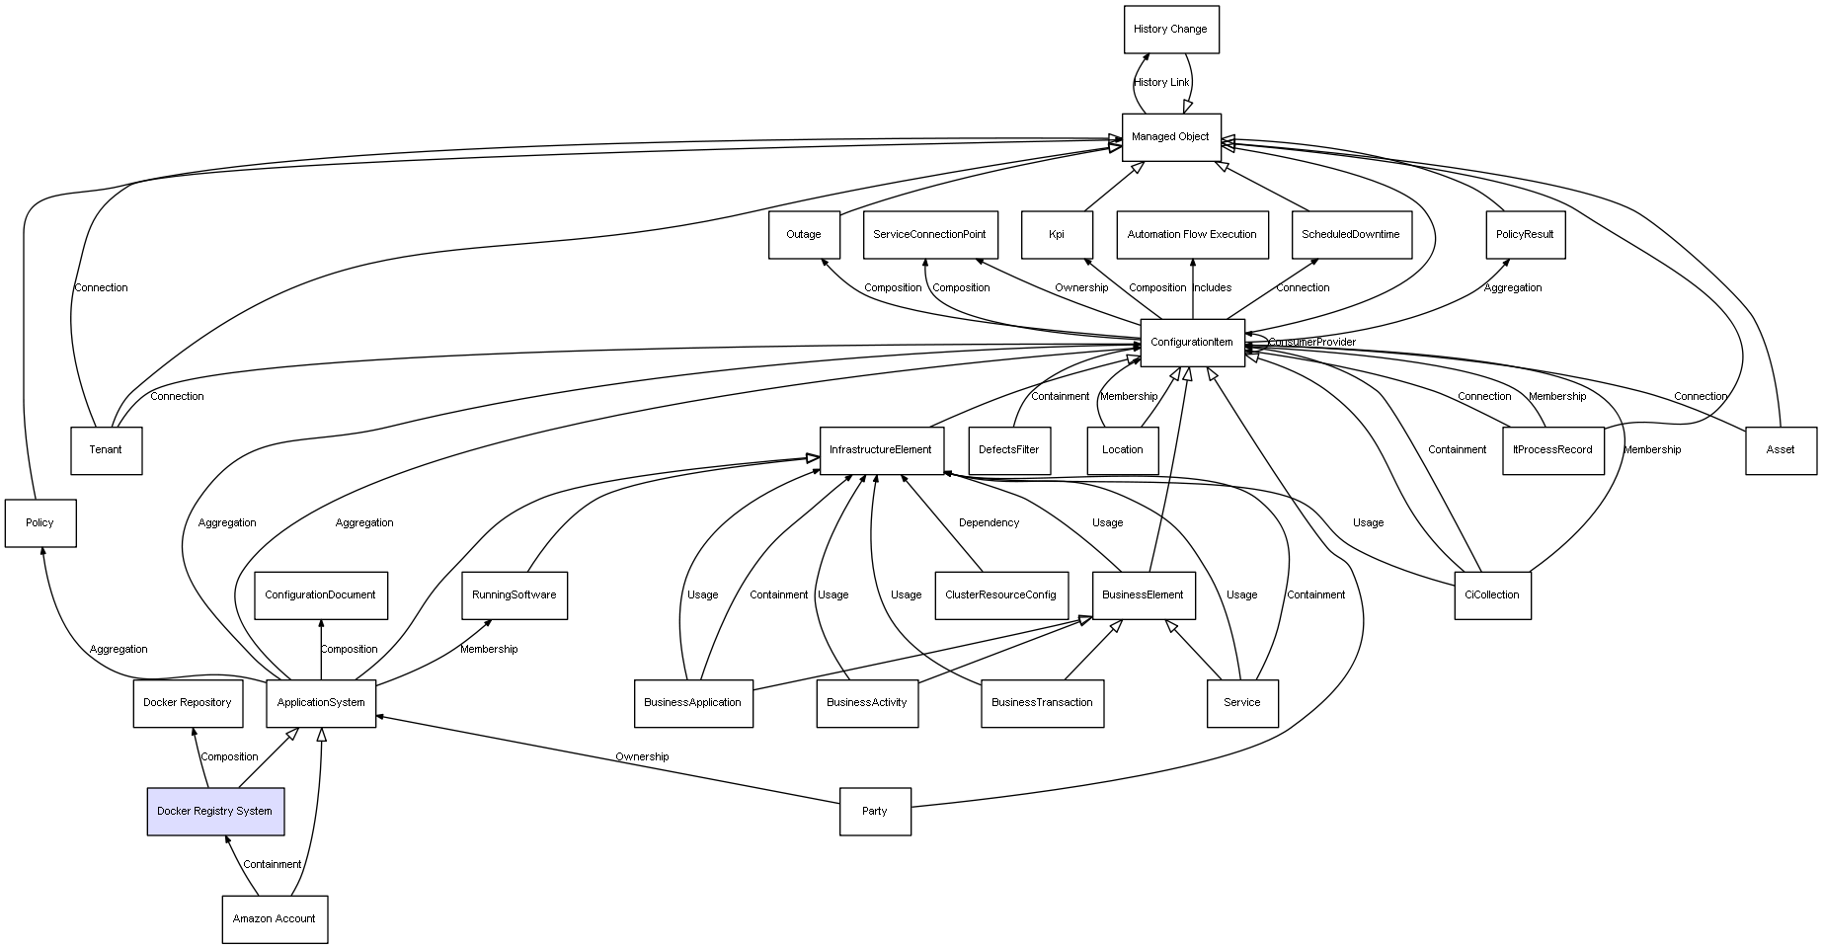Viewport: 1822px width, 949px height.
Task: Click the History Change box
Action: coord(1171,30)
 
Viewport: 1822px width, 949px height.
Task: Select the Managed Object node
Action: coord(1171,137)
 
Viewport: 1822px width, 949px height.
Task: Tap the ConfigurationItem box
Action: coord(1192,343)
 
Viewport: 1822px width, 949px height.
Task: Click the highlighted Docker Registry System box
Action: coord(215,812)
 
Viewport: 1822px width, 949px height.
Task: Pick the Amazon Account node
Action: coord(275,919)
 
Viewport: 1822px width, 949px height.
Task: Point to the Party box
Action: coord(875,812)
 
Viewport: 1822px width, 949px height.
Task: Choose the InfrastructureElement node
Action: coord(881,450)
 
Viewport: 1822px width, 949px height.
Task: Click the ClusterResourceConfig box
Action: coord(1000,595)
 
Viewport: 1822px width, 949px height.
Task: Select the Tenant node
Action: coord(106,450)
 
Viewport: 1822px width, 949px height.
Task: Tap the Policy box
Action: coord(40,523)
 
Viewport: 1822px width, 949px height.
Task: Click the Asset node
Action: coord(1781,450)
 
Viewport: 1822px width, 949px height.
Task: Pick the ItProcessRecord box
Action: coord(1552,450)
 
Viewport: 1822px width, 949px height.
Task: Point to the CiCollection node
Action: coord(1492,595)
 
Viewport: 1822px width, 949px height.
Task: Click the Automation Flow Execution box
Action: coord(1192,235)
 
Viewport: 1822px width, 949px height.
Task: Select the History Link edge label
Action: coord(1161,83)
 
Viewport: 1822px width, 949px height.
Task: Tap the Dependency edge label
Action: coord(989,523)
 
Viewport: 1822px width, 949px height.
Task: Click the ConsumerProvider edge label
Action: coord(1311,343)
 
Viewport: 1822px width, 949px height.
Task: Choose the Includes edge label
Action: coord(1213,288)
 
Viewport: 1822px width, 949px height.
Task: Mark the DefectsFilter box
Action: coord(1009,450)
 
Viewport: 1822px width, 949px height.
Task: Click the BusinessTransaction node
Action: coord(1042,703)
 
